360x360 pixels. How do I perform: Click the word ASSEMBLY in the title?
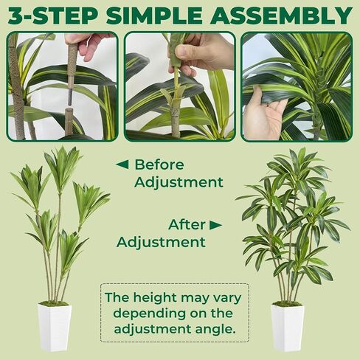278,15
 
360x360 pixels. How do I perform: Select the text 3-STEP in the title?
52,15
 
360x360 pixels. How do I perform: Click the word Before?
159,165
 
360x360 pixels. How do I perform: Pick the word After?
187,224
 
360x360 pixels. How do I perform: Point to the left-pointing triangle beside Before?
122,165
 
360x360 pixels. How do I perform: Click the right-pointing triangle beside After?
216,225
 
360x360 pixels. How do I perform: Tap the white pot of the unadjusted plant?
55,327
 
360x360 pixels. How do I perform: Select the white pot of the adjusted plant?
288,328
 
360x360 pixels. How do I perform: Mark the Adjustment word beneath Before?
179,182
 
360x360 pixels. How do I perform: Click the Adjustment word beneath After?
161,242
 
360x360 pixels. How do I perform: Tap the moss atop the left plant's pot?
54,303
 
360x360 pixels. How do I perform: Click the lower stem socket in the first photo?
69,121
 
